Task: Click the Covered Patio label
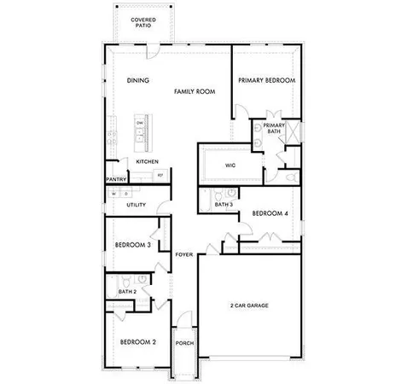(142, 21)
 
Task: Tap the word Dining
(137, 81)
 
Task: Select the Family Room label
(194, 90)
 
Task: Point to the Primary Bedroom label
(266, 80)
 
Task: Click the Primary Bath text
(273, 128)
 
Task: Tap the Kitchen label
(147, 162)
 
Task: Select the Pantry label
(116, 179)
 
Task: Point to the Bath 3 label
(224, 205)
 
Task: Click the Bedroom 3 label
(132, 247)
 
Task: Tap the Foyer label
(183, 255)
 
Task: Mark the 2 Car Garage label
(249, 305)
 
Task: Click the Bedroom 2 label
(137, 342)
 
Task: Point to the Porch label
(183, 343)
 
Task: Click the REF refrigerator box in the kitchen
(160, 176)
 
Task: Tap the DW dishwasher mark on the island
(139, 123)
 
